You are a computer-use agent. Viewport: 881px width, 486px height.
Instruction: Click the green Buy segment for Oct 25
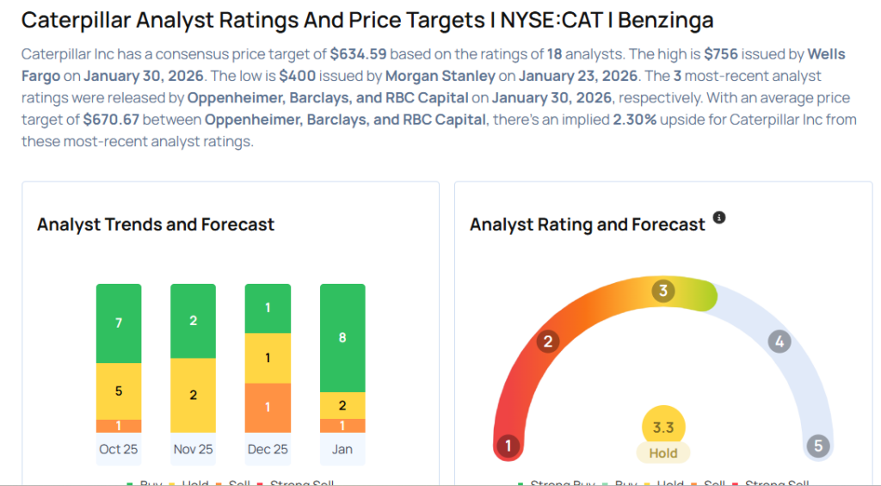click(119, 323)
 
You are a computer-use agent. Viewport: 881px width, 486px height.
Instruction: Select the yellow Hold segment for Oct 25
click(119, 391)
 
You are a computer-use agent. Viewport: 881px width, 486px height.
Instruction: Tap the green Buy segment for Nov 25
click(193, 321)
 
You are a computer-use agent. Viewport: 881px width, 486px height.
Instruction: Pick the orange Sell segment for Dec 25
click(268, 407)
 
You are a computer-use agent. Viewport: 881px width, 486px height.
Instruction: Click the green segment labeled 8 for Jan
click(342, 337)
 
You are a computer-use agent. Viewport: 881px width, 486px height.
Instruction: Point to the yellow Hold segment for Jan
click(342, 405)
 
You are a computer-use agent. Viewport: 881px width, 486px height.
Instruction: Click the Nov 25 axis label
click(193, 449)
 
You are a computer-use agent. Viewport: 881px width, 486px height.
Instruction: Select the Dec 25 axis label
click(268, 449)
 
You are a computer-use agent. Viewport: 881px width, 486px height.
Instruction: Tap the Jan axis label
click(342, 449)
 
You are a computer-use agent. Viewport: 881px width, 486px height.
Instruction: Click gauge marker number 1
click(508, 446)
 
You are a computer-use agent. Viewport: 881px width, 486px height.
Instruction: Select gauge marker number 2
click(547, 341)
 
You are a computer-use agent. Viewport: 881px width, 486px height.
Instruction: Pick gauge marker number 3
click(662, 291)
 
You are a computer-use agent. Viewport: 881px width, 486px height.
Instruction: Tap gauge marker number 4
click(779, 341)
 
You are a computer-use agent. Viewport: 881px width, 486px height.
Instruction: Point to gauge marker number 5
click(817, 446)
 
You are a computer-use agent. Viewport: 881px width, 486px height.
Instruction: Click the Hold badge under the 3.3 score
click(663, 453)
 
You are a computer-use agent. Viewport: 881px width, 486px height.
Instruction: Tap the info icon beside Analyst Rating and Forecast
click(719, 218)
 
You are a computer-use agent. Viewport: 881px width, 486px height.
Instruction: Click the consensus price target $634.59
click(358, 53)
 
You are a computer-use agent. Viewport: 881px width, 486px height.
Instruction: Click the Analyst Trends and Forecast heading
click(156, 225)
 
